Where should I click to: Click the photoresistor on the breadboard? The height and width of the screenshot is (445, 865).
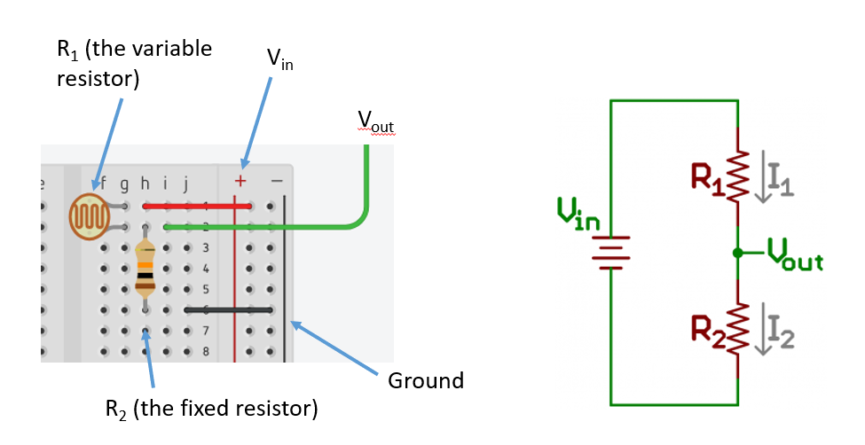point(89,216)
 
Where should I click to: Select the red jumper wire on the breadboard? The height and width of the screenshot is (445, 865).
point(197,206)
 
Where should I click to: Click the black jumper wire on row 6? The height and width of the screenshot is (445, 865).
point(229,309)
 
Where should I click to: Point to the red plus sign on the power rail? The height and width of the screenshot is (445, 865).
point(240,181)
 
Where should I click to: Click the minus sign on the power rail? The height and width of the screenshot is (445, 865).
point(276,181)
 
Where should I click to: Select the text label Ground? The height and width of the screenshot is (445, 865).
point(426,381)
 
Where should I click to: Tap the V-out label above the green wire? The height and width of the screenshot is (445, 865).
point(375,121)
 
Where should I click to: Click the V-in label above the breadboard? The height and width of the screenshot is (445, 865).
point(279,59)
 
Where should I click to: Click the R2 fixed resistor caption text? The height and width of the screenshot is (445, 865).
point(211,410)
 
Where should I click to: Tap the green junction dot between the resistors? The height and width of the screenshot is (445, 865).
point(737,253)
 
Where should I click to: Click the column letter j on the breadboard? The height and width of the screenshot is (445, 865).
point(185,184)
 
